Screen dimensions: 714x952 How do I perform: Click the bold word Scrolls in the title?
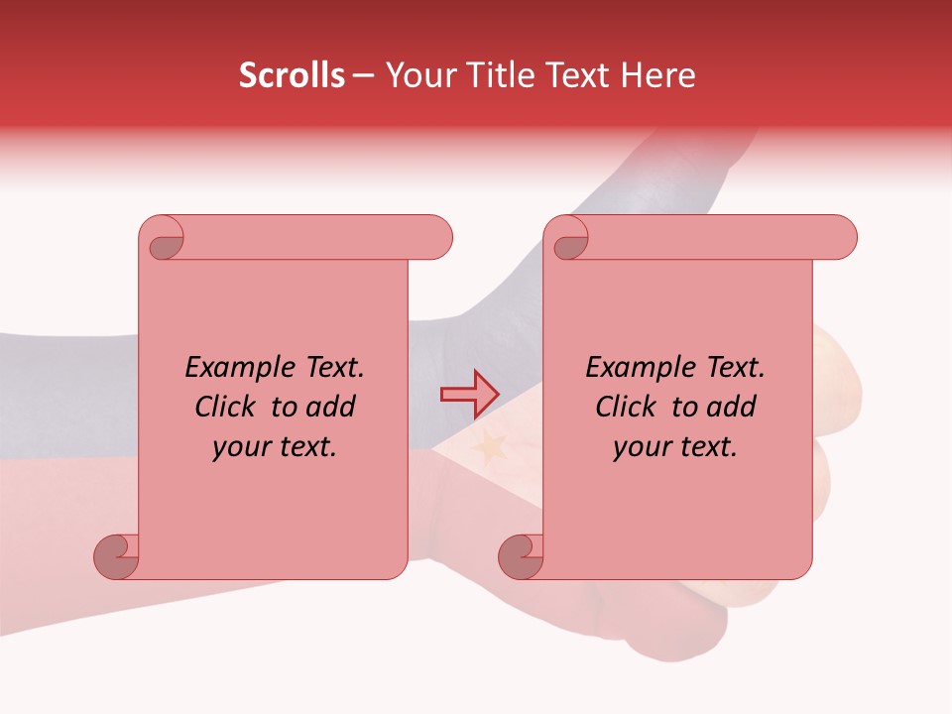coord(292,75)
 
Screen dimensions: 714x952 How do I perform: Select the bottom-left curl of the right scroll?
coord(522,557)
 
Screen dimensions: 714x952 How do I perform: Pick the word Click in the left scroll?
coord(226,408)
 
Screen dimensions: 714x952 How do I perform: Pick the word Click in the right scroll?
coord(626,408)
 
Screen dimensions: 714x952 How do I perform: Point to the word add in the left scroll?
coord(331,408)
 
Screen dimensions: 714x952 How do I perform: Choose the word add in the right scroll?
coord(732,408)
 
